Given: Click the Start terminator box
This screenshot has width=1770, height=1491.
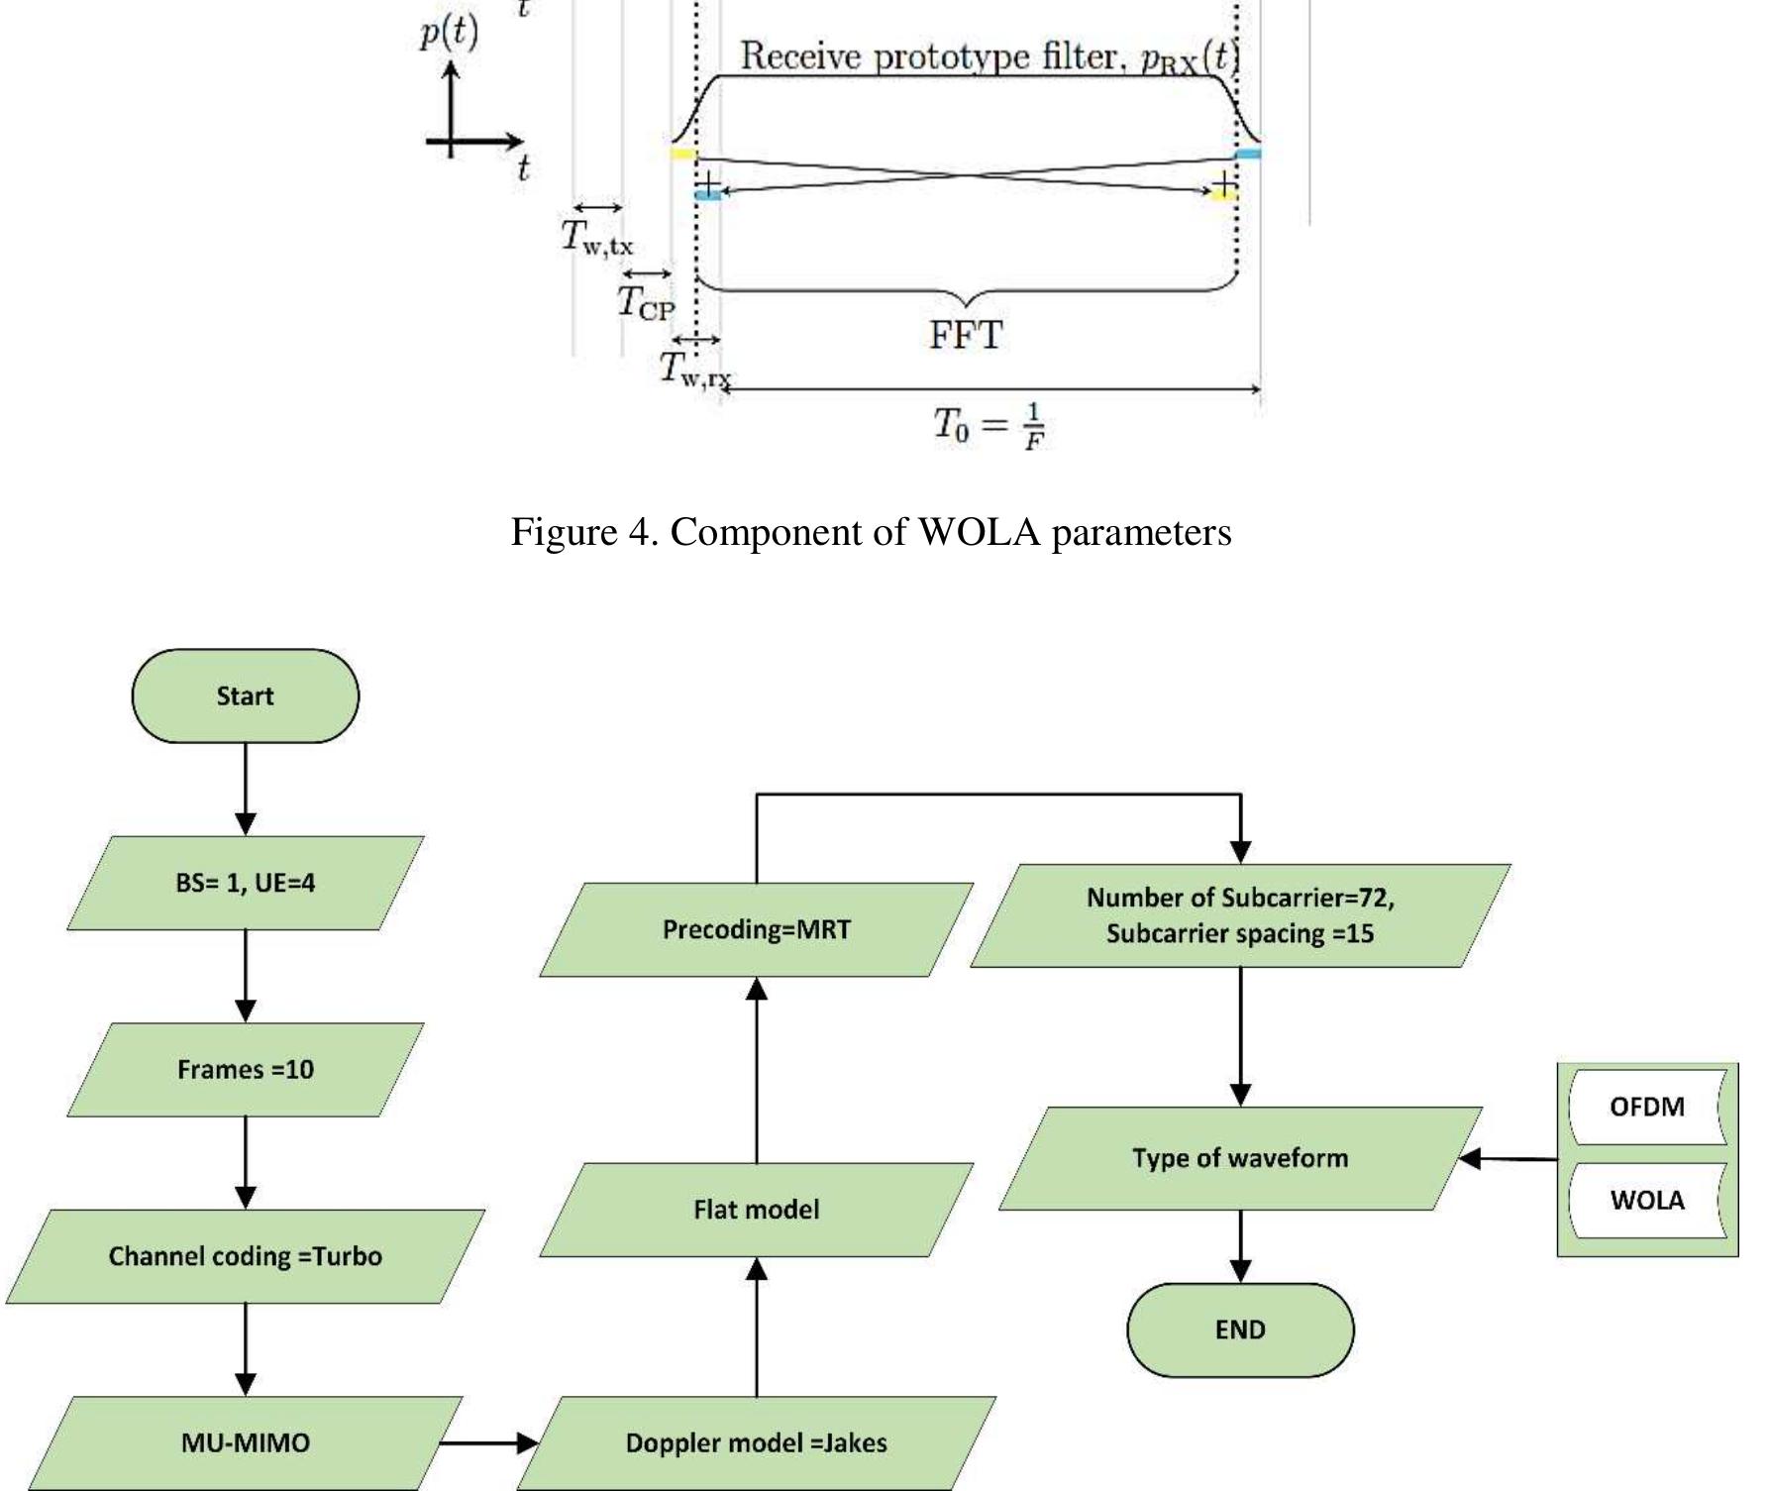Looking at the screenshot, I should point(245,695).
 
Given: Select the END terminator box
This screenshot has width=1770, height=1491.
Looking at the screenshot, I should point(1239,1330).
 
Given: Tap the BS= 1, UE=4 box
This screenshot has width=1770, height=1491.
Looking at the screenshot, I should point(245,883).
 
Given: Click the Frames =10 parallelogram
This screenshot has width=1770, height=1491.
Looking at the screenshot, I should point(245,1069).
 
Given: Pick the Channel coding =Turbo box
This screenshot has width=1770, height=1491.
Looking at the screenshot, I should point(245,1256).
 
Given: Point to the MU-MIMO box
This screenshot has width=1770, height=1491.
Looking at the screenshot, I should point(245,1442).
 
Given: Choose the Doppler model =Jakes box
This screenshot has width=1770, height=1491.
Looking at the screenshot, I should point(756,1442).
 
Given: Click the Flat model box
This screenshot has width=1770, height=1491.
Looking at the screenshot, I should point(756,1210).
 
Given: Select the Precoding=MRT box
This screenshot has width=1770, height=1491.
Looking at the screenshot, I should point(756,929).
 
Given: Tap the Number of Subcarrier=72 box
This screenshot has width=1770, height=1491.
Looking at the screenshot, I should point(1239,915).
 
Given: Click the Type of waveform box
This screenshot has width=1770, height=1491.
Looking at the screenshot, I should point(1239,1158).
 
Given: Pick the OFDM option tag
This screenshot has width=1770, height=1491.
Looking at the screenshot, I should point(1646,1107).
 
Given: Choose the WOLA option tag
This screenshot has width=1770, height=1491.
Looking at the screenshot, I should point(1646,1200).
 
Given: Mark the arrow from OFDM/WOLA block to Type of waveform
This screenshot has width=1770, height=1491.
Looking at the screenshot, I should point(1509,1158).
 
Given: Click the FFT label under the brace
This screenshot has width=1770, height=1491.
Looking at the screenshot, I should point(965,336).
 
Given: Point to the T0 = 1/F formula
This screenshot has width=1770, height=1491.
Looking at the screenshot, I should point(989,426).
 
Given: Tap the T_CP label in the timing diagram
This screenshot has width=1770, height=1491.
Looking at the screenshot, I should point(645,301).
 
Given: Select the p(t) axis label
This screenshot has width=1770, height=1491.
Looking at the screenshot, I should point(449,33).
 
